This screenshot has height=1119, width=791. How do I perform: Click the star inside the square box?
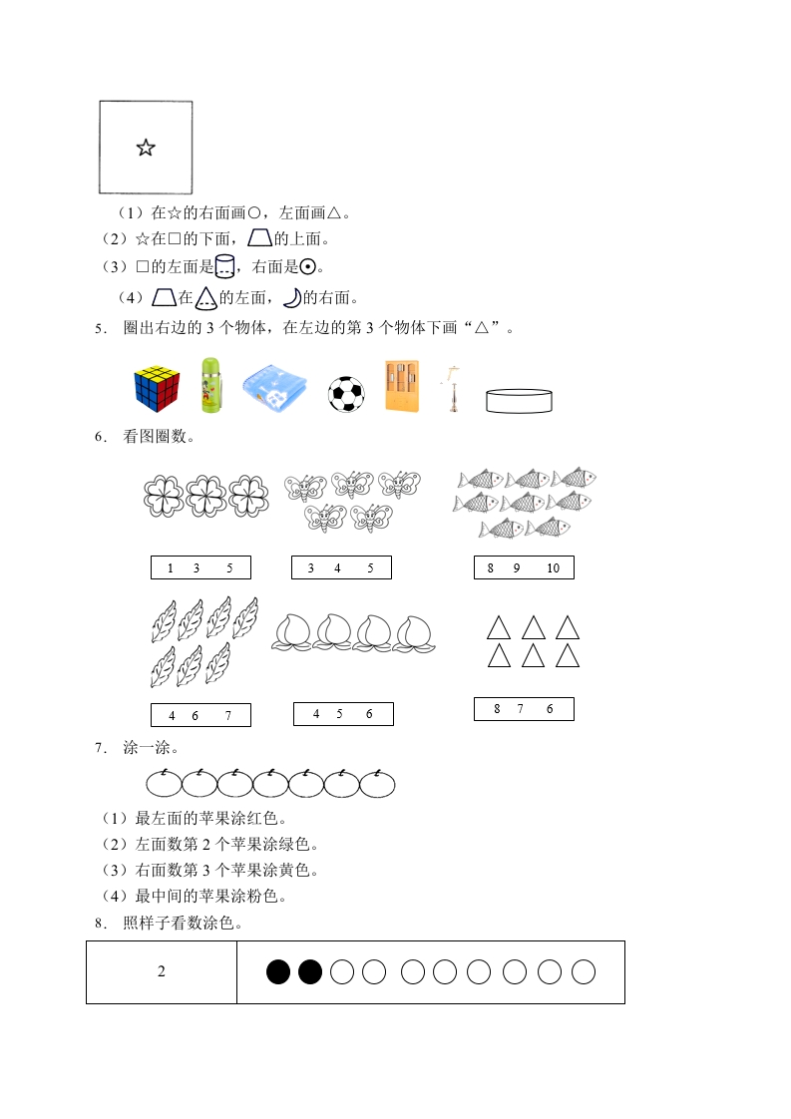click(146, 149)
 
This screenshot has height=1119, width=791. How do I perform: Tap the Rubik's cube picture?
click(157, 387)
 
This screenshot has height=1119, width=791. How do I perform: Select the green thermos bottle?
click(208, 386)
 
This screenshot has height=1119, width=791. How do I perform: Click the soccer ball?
click(347, 394)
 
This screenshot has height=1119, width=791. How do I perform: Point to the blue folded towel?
click(276, 387)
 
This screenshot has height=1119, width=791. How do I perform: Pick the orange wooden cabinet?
click(402, 385)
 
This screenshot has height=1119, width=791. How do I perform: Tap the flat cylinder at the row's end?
click(518, 400)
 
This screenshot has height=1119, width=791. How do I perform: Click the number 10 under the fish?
click(554, 568)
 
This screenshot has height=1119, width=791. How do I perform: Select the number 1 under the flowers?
click(171, 568)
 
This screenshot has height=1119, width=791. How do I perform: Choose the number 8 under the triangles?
click(497, 709)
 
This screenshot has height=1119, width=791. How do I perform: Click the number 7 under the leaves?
click(228, 715)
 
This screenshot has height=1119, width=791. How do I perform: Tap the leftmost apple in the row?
click(164, 783)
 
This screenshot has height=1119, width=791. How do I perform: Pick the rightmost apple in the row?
click(377, 783)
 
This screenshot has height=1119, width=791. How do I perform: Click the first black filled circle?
click(278, 971)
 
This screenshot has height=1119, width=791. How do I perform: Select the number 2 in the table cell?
click(162, 972)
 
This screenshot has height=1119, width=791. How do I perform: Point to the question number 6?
click(100, 437)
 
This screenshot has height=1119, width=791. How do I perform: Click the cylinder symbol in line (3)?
click(225, 266)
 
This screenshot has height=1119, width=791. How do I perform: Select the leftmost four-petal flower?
click(164, 495)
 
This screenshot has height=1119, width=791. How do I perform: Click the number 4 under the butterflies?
click(338, 568)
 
